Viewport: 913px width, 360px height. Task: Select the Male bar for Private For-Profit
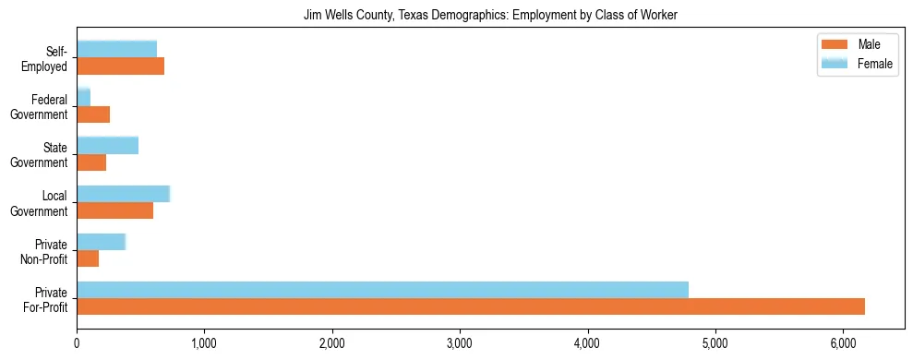[x=471, y=306]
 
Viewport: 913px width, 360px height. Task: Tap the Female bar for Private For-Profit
[x=382, y=289]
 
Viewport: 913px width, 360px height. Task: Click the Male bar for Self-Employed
[x=121, y=66]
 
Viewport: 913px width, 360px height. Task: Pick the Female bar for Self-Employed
[x=117, y=49]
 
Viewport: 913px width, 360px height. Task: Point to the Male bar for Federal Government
[x=93, y=114]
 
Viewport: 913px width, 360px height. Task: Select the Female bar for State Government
[x=107, y=145]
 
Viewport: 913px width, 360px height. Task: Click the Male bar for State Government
[x=91, y=162]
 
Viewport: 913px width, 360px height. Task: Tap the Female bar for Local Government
[x=124, y=193]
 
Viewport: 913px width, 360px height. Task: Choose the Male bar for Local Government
[x=115, y=210]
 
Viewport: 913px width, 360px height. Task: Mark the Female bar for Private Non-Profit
[x=101, y=241]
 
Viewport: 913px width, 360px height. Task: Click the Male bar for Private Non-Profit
[x=88, y=258]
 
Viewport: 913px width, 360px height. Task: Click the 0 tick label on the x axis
[x=77, y=342]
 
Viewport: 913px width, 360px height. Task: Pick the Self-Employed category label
[x=49, y=58]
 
